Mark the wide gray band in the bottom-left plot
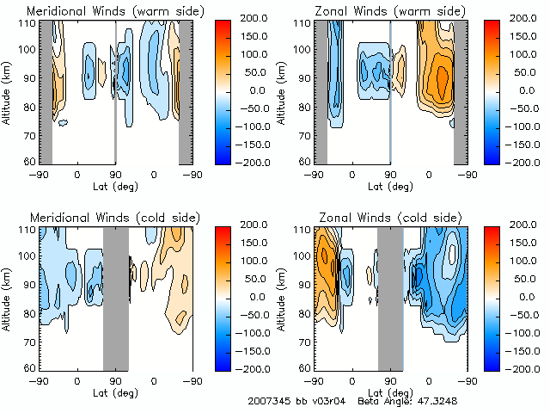click(x=115, y=298)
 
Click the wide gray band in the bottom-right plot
click(x=390, y=298)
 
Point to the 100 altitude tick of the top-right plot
click(x=303, y=49)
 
